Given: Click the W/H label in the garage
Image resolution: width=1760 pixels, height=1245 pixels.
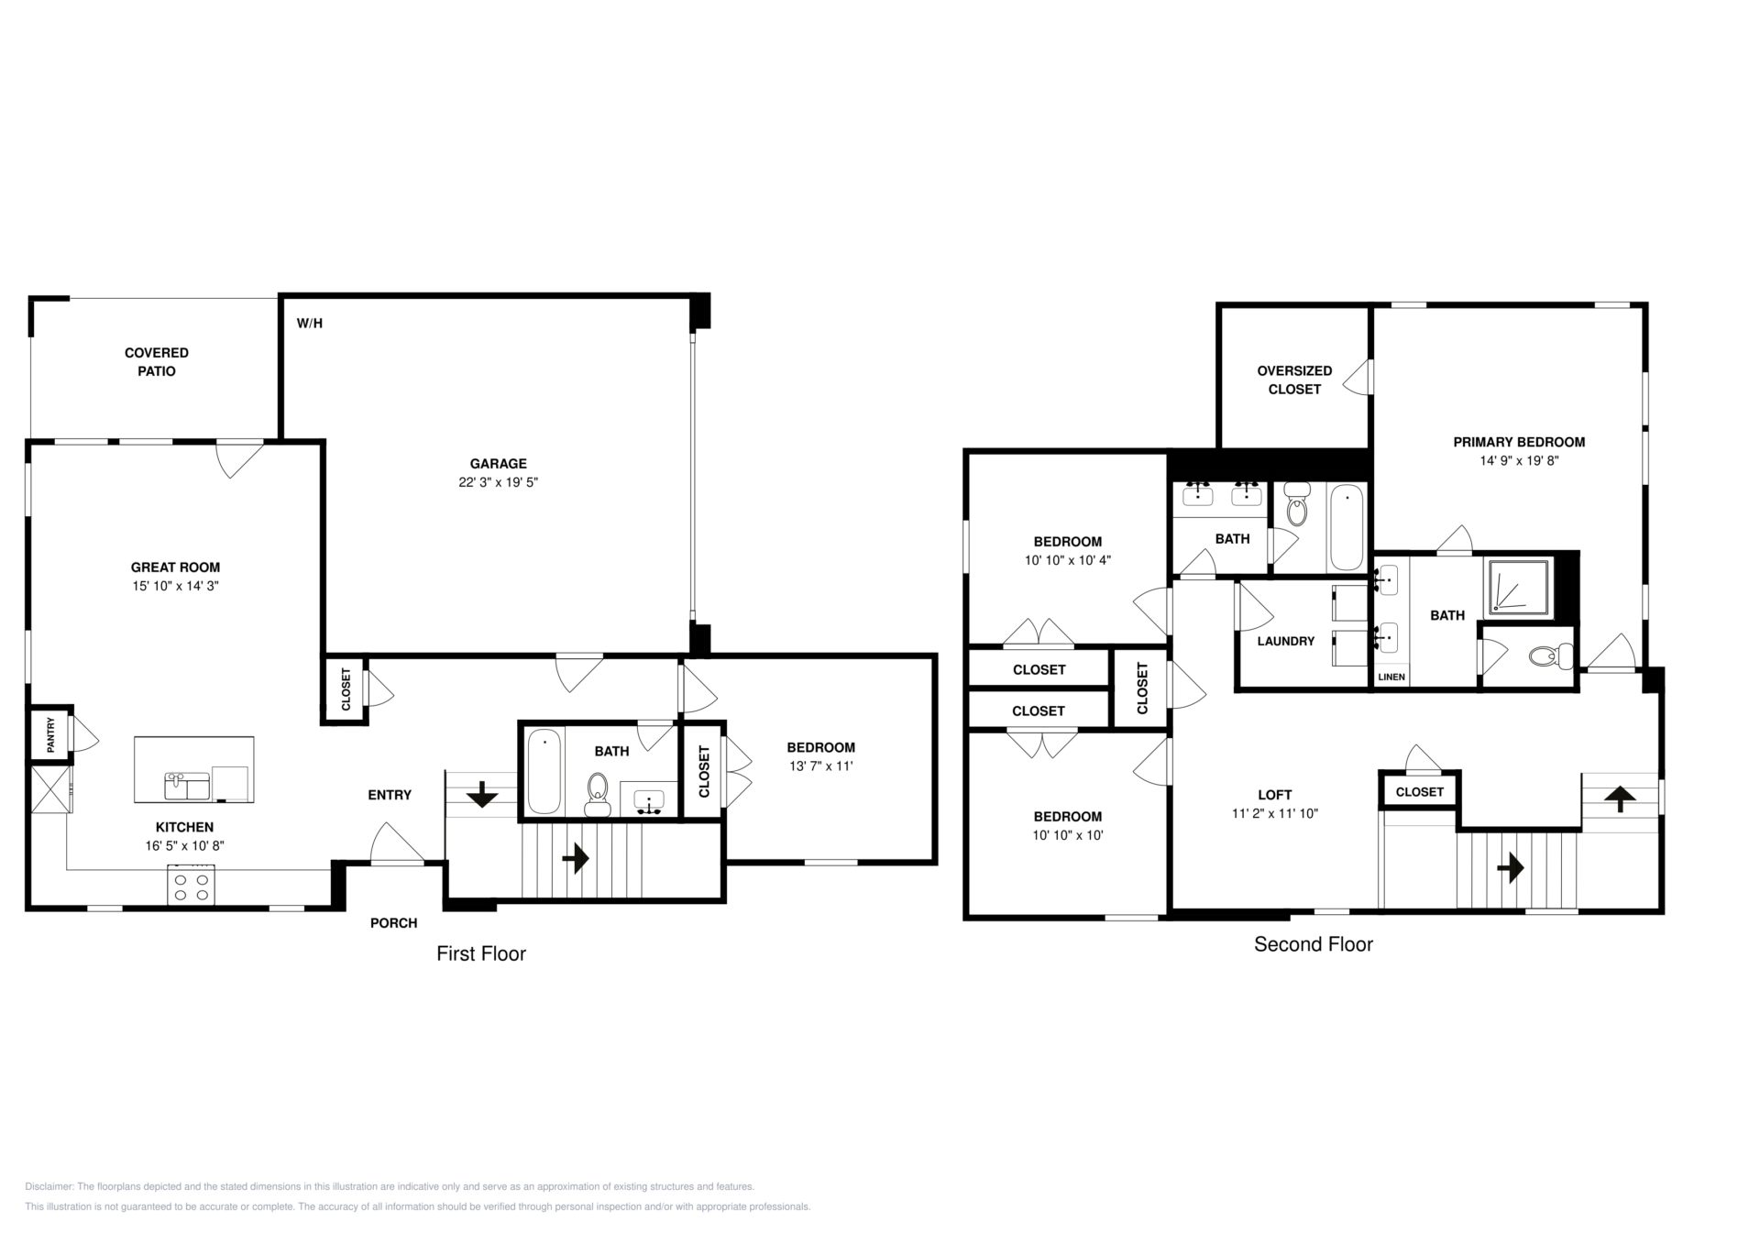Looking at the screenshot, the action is [x=310, y=324].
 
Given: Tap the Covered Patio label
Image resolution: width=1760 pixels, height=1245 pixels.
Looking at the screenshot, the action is [x=157, y=362].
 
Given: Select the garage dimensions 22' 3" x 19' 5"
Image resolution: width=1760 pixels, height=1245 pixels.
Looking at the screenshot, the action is [x=499, y=482].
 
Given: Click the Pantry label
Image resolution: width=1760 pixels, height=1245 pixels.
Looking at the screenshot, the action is [x=51, y=735].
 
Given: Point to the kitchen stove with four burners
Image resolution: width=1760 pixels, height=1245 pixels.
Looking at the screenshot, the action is [x=191, y=886].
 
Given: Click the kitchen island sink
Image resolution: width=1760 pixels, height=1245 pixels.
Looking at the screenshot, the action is [x=187, y=787].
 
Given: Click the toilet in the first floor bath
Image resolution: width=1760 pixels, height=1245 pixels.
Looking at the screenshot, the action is [x=598, y=794].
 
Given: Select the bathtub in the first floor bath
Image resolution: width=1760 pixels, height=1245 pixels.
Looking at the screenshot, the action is [x=544, y=771].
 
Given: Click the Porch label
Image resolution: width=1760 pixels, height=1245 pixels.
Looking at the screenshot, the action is [x=394, y=923].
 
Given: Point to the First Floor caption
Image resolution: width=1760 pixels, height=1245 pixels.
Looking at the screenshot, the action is [x=481, y=954].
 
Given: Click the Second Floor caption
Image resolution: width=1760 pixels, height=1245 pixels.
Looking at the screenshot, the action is [x=1314, y=944].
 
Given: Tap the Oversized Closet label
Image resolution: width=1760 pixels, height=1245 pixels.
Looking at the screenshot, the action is [x=1294, y=380].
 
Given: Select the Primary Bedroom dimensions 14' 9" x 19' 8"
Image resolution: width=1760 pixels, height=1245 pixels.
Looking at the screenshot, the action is [x=1519, y=461].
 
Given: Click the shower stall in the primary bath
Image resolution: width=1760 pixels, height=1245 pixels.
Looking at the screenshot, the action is [x=1518, y=587].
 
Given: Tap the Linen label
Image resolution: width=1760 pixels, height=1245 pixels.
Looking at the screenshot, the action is [x=1391, y=678].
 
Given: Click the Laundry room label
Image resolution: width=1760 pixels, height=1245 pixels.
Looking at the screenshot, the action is [x=1286, y=642].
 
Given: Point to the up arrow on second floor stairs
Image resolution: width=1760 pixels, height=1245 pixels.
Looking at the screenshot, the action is [x=1621, y=799].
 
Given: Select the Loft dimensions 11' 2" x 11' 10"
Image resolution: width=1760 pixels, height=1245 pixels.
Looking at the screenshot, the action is [x=1275, y=813].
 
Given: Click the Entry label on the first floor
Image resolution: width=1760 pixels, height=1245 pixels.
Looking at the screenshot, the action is [x=390, y=795].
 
